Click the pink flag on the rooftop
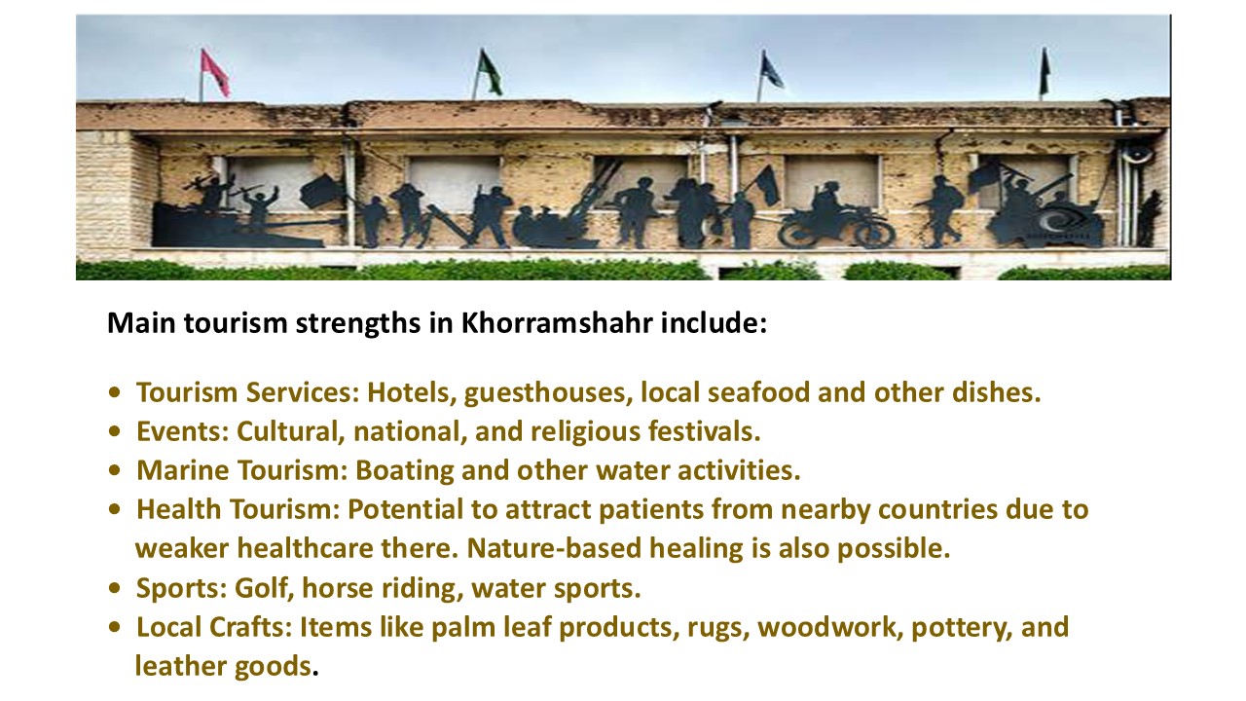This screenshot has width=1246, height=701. [x=215, y=73]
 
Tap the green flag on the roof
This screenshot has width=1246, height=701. [x=490, y=72]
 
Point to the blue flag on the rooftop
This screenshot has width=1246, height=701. [x=772, y=70]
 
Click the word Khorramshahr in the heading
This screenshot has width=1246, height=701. [x=556, y=322]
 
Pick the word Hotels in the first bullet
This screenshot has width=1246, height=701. [x=412, y=392]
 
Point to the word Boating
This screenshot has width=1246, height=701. [x=404, y=470]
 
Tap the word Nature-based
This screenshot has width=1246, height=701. [x=554, y=548]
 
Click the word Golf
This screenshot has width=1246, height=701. [x=264, y=587]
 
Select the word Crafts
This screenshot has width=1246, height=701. [x=250, y=627]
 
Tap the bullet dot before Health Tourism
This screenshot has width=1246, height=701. [x=115, y=509]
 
